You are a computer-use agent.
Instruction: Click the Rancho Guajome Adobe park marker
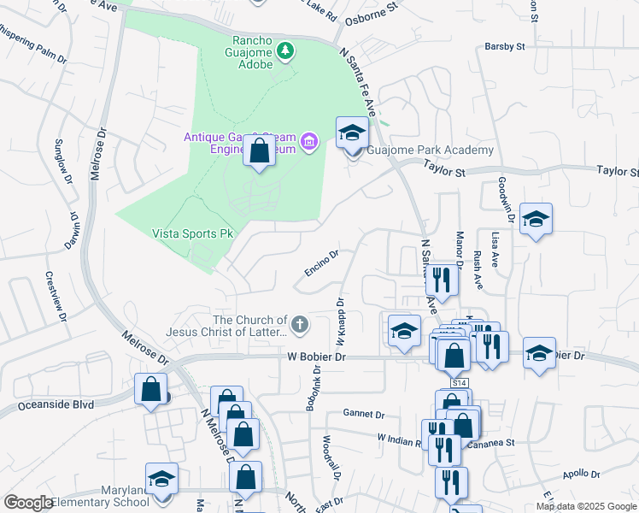pos(285,53)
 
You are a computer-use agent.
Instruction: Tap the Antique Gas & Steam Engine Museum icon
pos(309,141)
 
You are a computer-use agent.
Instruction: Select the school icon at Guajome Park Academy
pos(350,133)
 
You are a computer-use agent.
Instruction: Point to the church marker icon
pos(298,324)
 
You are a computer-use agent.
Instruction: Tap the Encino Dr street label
pos(322,263)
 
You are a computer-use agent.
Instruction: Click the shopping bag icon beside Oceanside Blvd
pos(150,389)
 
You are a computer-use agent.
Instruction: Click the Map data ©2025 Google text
pos(585,506)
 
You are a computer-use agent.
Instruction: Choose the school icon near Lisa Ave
pos(536,220)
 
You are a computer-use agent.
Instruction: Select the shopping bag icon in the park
pos(259,150)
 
